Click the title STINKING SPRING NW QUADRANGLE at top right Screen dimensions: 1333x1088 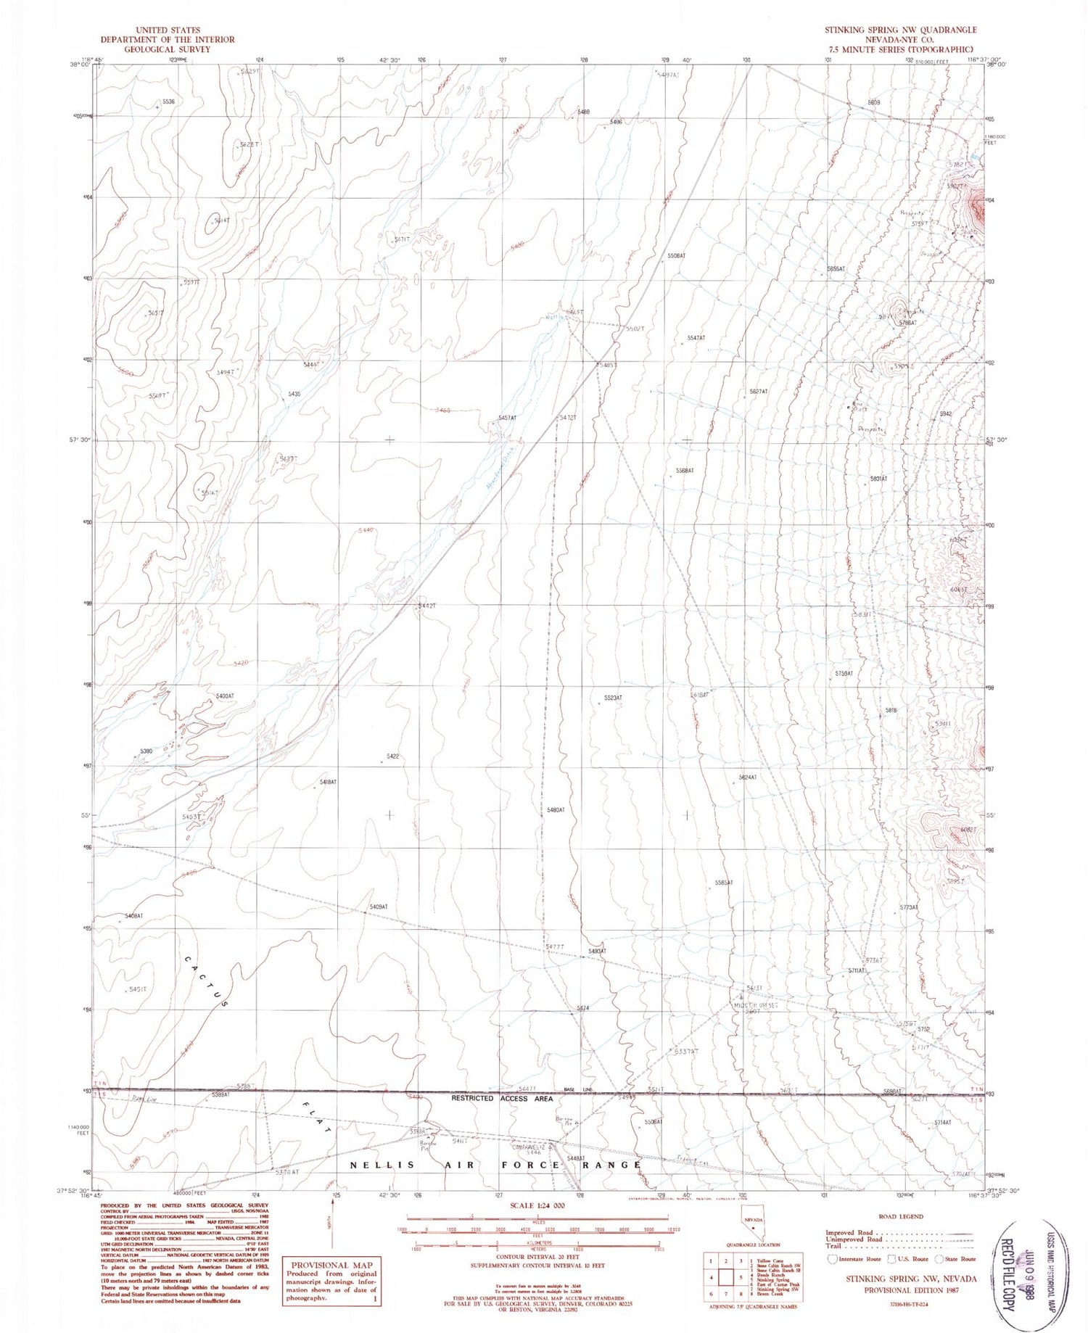(x=899, y=30)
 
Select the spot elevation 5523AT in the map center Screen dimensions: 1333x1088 (x=613, y=698)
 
